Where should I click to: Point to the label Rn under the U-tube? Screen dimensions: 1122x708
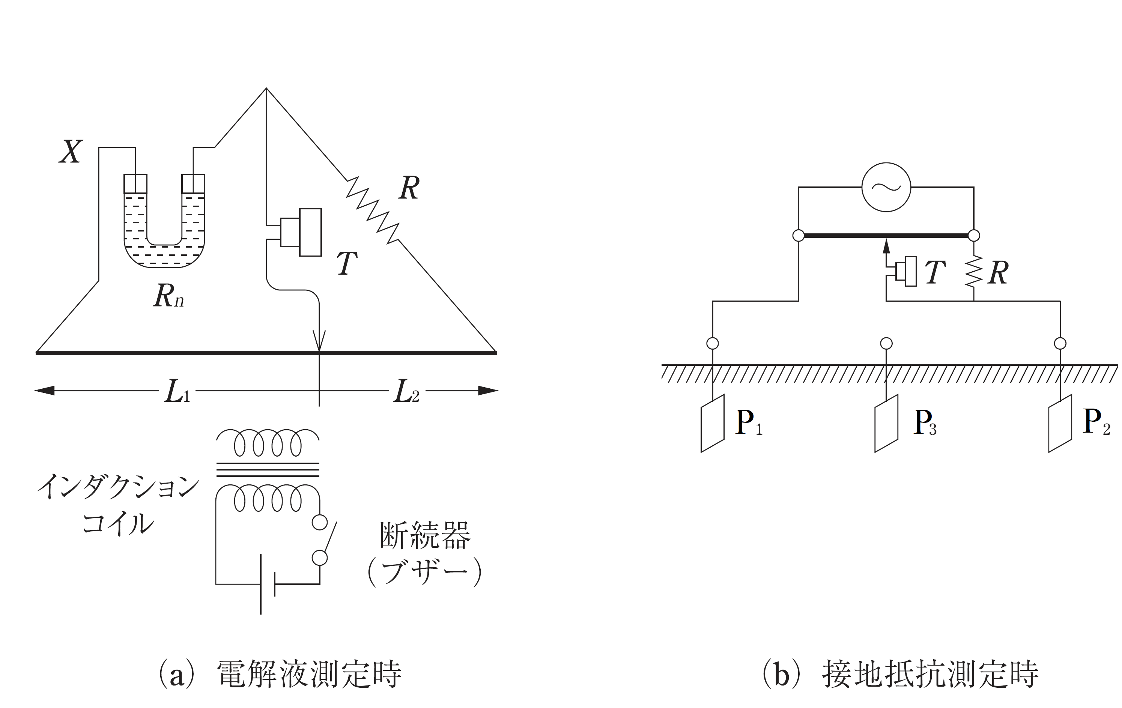(x=168, y=295)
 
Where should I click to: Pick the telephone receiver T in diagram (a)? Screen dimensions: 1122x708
(x=301, y=232)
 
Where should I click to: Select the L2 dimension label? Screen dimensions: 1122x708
(x=406, y=391)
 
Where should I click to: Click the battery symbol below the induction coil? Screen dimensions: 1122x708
(x=268, y=584)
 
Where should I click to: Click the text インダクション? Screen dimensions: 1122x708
(x=117, y=487)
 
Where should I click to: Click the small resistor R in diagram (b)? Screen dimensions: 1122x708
(x=974, y=272)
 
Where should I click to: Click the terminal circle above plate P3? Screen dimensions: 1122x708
(x=886, y=343)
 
